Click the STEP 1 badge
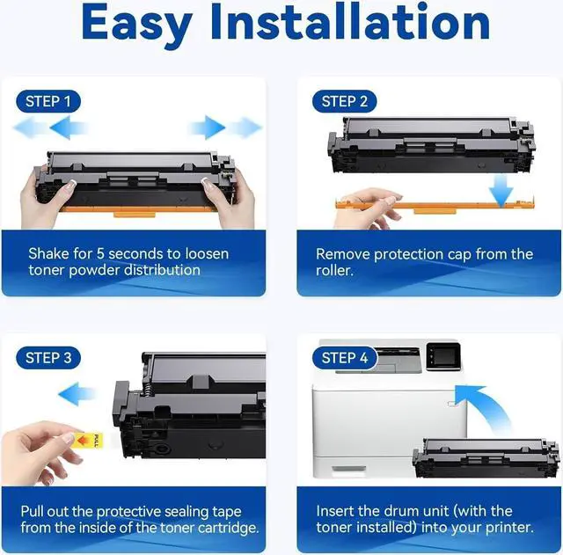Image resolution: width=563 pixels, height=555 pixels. (x=48, y=102)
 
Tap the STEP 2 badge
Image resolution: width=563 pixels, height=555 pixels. (x=345, y=102)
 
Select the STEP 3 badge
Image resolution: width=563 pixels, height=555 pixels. (x=48, y=358)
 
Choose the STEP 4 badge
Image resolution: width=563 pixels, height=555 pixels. (x=345, y=358)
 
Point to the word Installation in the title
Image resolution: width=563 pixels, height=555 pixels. (x=350, y=21)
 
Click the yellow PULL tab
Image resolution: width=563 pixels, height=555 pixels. (x=90, y=440)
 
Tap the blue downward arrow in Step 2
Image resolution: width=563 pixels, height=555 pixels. (x=501, y=190)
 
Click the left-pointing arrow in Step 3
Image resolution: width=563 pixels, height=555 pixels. (x=77, y=394)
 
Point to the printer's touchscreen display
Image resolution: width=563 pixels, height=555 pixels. (x=443, y=355)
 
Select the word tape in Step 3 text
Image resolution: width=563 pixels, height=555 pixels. (x=227, y=512)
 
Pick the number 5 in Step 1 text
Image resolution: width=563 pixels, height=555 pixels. (x=100, y=254)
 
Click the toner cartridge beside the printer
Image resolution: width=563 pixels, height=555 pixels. (x=486, y=458)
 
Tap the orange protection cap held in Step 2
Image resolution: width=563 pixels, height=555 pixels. (x=435, y=206)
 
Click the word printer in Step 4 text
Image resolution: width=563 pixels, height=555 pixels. (x=508, y=528)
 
